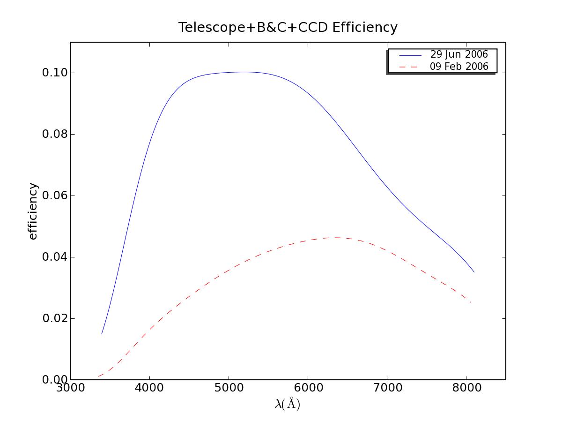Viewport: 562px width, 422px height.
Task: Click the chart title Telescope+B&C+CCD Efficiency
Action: pyautogui.click(x=288, y=28)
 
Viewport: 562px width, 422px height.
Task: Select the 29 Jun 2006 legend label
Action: pyautogui.click(x=459, y=55)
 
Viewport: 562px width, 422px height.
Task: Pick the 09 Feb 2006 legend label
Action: pyautogui.click(x=459, y=67)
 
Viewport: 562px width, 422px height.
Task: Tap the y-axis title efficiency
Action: pyautogui.click(x=33, y=211)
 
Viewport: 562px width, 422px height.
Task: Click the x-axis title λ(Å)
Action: pyautogui.click(x=287, y=404)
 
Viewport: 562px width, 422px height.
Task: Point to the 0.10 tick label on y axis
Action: pyautogui.click(x=54, y=73)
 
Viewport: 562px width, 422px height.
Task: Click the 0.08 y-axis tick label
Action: pyautogui.click(x=54, y=135)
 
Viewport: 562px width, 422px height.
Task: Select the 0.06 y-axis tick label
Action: pyautogui.click(x=54, y=196)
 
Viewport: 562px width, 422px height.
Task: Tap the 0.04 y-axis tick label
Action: pyautogui.click(x=54, y=257)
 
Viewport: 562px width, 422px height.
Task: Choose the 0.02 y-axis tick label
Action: pyautogui.click(x=54, y=319)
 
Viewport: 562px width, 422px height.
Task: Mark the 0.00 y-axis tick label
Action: pyautogui.click(x=54, y=380)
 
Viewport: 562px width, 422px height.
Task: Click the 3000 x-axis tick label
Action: pyautogui.click(x=70, y=390)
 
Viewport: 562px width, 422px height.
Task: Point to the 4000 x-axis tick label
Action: pyautogui.click(x=149, y=390)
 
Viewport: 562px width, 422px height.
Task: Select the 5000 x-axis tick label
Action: pyautogui.click(x=229, y=390)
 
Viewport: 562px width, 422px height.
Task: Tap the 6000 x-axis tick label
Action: pyautogui.click(x=308, y=390)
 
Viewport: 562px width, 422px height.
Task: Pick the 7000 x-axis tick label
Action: pyautogui.click(x=387, y=390)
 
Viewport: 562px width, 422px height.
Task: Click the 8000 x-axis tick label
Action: pyautogui.click(x=466, y=390)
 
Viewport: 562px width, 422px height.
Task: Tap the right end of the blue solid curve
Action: pyautogui.click(x=474, y=272)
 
